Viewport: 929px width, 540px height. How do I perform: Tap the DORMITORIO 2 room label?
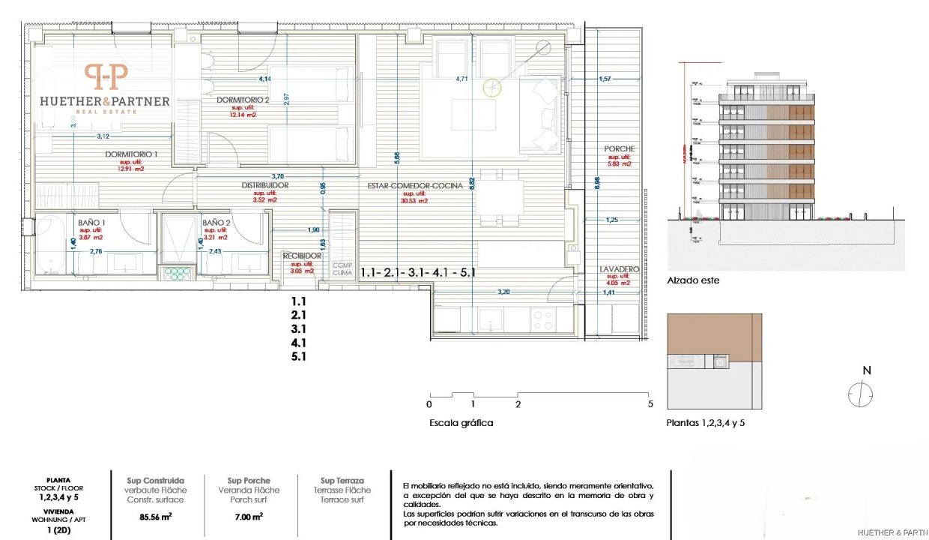tap(243, 100)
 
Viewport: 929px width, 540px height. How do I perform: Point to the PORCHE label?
tap(620, 148)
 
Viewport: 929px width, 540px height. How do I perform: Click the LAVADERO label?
tap(619, 268)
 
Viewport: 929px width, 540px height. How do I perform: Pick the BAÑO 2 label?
tap(215, 223)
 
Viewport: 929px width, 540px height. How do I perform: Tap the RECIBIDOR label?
tap(302, 256)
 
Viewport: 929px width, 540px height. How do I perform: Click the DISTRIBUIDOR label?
tap(265, 185)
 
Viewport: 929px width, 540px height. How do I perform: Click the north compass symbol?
tap(861, 393)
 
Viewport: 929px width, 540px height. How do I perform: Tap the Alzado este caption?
tap(693, 282)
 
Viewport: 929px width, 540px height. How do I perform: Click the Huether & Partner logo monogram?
tap(106, 76)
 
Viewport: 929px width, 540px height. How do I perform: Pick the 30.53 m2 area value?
tap(414, 200)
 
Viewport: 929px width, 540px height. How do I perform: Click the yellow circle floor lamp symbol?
tap(492, 88)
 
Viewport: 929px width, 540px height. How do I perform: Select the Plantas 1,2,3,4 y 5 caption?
tap(705, 423)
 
